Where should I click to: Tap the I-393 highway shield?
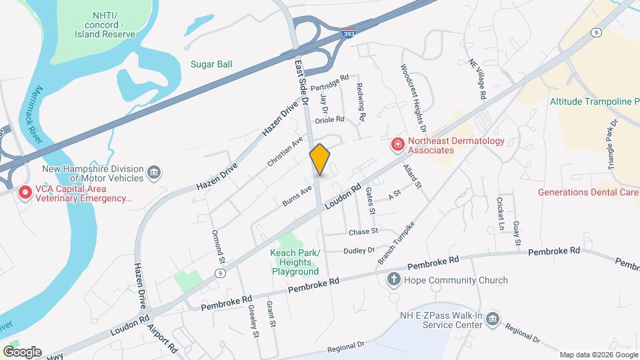pyautogui.click(x=348, y=32)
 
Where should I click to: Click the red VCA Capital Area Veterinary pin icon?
pyautogui.click(x=25, y=193)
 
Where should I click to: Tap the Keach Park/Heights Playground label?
pyautogui.click(x=295, y=262)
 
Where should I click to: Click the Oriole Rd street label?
pyautogui.click(x=330, y=120)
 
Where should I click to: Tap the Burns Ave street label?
pyautogui.click(x=297, y=195)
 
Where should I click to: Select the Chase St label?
pyautogui.click(x=363, y=231)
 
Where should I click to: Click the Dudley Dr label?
pyautogui.click(x=359, y=251)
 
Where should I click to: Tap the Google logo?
pyautogui.click(x=22, y=351)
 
